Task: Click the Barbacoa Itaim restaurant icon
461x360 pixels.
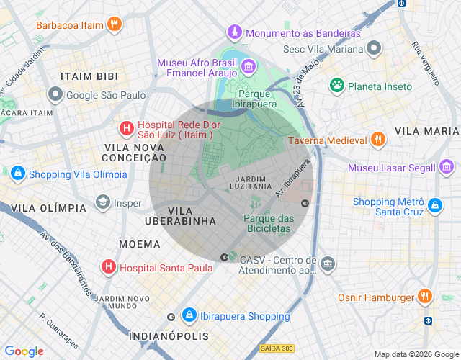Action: (114, 25)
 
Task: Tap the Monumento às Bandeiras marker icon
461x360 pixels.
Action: (235, 33)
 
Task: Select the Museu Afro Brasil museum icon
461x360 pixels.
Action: (249, 67)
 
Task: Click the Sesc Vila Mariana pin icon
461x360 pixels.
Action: (374, 49)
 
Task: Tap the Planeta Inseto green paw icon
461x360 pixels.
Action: (336, 86)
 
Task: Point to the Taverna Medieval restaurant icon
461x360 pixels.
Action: (377, 140)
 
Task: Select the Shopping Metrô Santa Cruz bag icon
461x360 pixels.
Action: (434, 206)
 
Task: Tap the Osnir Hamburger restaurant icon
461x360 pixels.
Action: (425, 297)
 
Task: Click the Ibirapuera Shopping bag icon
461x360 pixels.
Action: (189, 315)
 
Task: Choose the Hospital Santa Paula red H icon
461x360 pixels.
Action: (108, 267)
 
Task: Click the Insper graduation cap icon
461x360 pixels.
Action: (102, 203)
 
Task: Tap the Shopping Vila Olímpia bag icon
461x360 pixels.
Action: (17, 174)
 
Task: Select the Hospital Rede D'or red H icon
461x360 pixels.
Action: (126, 129)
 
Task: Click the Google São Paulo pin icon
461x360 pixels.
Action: (55, 94)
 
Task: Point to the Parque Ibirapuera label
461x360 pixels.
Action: (258, 99)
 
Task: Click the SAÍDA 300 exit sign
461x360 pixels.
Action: (277, 348)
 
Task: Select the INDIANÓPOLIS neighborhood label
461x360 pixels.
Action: (169, 336)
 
